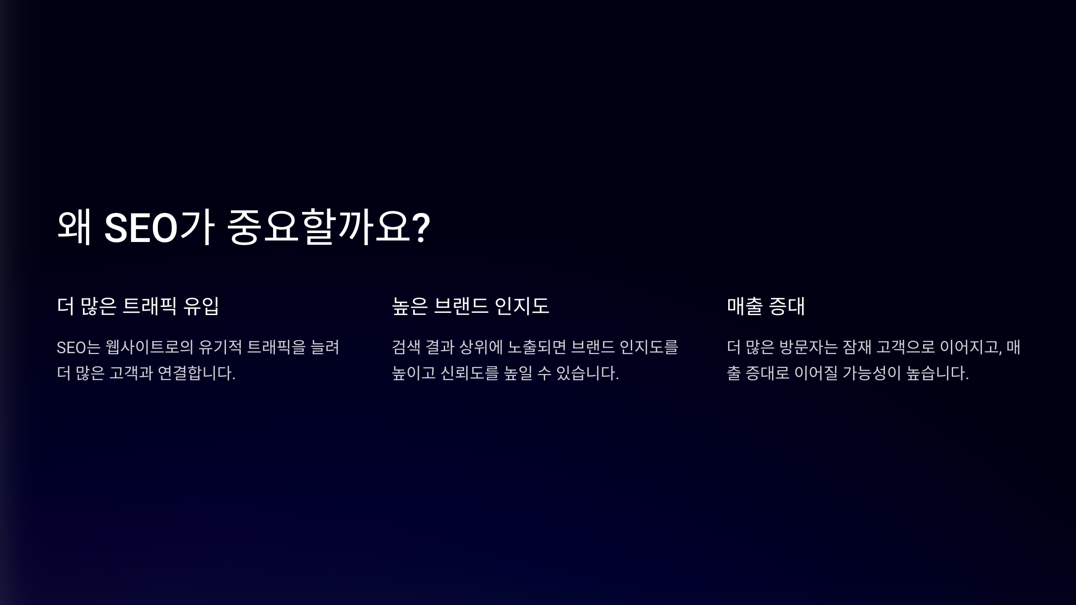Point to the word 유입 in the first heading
click(201, 306)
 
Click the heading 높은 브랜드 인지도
click(470, 306)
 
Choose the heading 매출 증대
click(766, 306)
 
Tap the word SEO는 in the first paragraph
click(78, 347)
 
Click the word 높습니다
click(937, 373)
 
